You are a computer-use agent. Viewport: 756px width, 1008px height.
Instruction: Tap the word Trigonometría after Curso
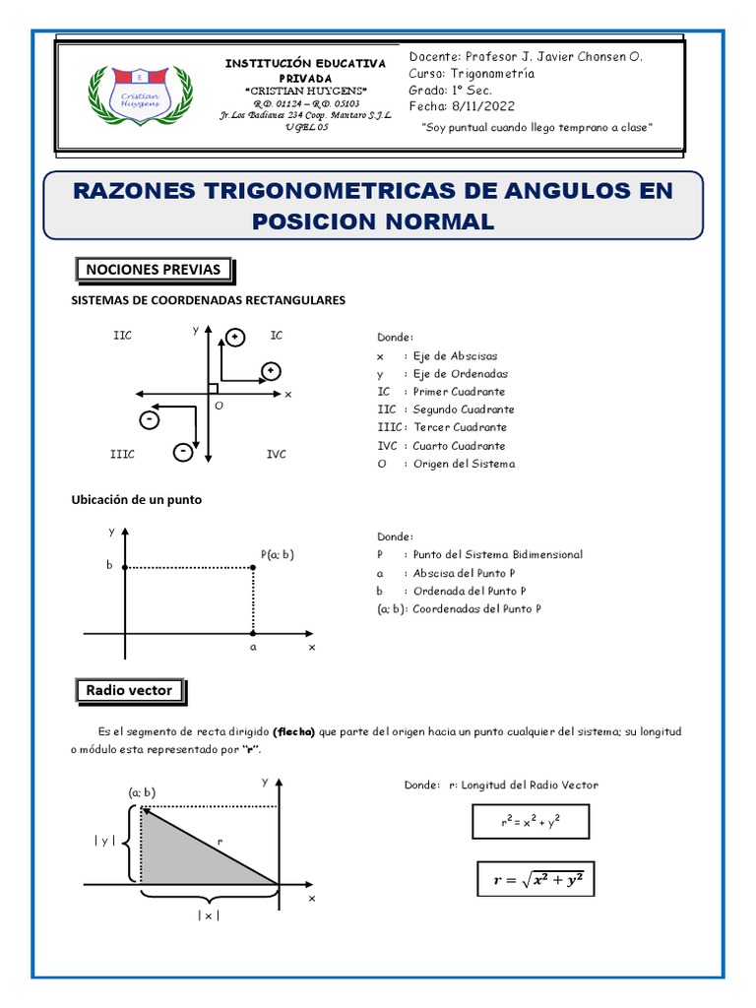click(x=491, y=73)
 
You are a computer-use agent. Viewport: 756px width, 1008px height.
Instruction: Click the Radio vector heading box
click(x=129, y=691)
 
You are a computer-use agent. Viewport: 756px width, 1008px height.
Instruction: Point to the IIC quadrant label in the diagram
click(x=122, y=336)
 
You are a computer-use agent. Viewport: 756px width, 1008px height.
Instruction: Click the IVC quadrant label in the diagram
click(x=277, y=454)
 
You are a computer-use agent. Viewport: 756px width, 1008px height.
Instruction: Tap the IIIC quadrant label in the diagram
click(x=122, y=454)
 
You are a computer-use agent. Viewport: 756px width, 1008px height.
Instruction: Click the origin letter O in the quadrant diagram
click(x=219, y=406)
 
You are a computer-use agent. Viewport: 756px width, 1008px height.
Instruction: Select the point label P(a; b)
click(x=278, y=554)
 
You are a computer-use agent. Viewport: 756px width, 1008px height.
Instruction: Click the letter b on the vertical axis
click(x=110, y=567)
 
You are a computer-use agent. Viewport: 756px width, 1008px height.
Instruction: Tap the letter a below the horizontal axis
click(x=253, y=648)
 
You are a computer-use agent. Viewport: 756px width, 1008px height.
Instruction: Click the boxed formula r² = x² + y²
click(x=530, y=820)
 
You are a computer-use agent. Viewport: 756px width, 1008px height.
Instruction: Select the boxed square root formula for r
click(x=536, y=880)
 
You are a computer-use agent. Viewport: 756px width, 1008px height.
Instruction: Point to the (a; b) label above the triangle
click(x=141, y=791)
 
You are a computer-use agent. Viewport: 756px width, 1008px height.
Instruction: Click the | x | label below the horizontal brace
click(x=209, y=915)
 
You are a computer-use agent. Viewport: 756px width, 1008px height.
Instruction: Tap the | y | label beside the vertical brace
click(x=105, y=840)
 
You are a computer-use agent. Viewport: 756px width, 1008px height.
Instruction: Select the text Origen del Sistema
click(x=464, y=464)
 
